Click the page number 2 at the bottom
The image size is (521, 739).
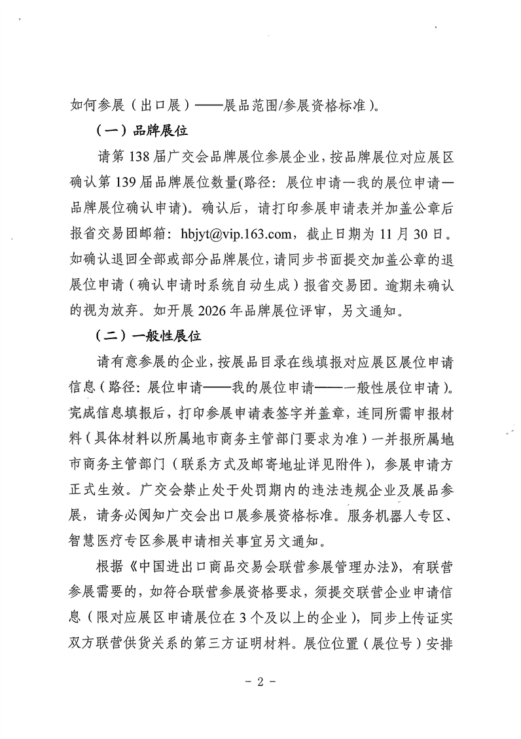260,681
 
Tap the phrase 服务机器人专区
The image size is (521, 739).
399,516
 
